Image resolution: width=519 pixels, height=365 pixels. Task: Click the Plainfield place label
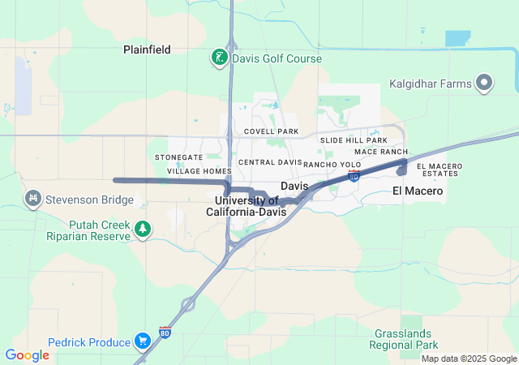tap(147, 49)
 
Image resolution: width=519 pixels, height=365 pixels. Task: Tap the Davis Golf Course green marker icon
tap(219, 58)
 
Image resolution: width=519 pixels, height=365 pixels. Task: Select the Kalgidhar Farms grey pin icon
tap(485, 82)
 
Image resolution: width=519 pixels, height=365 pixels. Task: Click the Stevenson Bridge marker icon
tap(33, 197)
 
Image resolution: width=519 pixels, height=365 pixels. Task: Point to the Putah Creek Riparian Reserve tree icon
tap(143, 230)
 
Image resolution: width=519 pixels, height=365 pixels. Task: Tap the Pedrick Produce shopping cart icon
tap(143, 341)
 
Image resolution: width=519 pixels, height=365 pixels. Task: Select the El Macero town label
tap(418, 191)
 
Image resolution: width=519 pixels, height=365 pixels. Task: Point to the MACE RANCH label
tap(380, 152)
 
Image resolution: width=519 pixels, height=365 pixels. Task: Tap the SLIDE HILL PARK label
tap(354, 140)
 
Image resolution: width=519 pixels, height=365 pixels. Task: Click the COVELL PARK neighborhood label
tap(271, 131)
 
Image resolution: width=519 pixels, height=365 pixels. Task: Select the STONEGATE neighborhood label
tap(179, 157)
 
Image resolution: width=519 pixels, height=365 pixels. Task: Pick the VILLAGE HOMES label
tap(199, 172)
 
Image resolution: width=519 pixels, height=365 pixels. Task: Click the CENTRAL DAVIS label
tap(269, 162)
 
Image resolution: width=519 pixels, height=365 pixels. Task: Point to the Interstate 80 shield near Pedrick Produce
tap(165, 333)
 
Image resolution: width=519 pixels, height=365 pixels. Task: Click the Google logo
tap(27, 355)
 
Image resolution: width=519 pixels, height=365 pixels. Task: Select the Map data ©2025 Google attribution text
tap(468, 359)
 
